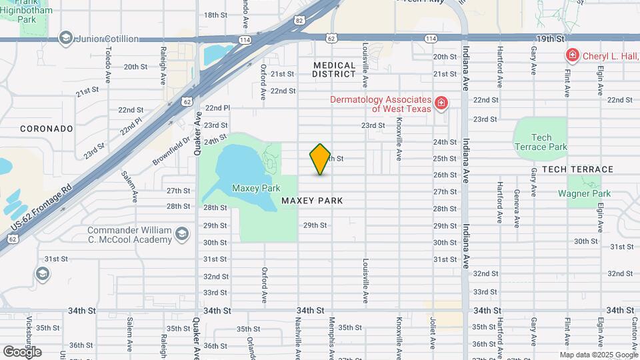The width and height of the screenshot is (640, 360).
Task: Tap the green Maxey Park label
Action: point(256,189)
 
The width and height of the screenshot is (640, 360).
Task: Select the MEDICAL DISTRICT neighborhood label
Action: point(334,69)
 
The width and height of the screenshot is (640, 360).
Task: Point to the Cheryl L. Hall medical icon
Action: point(571,56)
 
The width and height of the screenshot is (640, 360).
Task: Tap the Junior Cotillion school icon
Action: point(65,38)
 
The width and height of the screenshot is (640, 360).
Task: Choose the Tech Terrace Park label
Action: point(541,142)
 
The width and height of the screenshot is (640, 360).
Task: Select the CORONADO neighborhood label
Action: point(46,128)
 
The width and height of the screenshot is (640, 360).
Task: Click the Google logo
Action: point(23,352)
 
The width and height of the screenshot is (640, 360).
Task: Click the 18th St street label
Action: point(216,15)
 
